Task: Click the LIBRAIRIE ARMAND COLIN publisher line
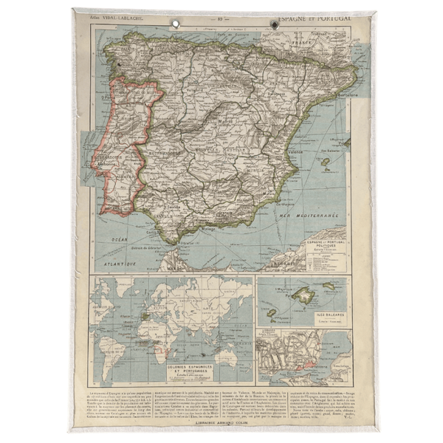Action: (221, 422)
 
